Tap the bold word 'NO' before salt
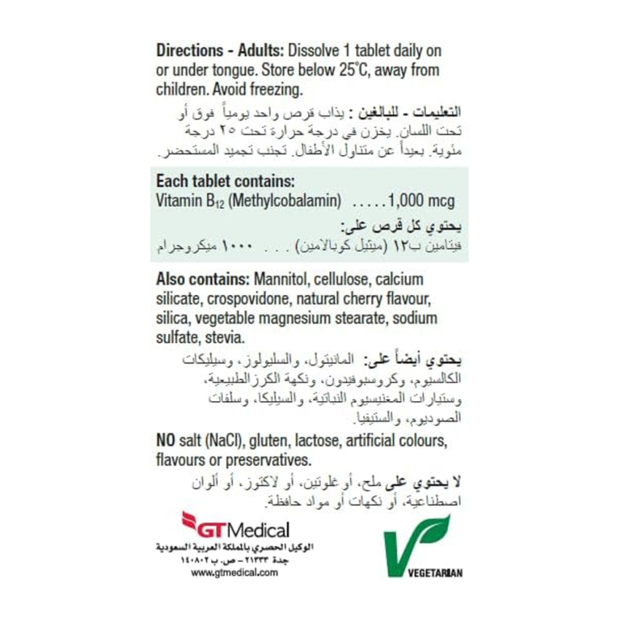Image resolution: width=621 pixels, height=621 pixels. pos(167,441)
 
